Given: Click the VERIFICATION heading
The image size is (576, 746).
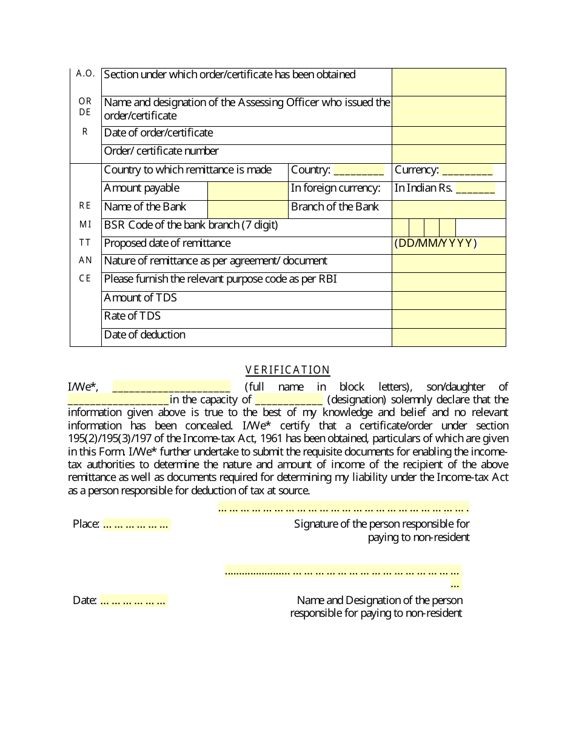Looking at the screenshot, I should (x=287, y=370).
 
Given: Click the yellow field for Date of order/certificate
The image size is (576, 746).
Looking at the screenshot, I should (x=449, y=135).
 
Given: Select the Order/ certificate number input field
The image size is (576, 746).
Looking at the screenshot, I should (x=449, y=153).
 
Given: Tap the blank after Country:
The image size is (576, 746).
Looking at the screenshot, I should (x=358, y=171).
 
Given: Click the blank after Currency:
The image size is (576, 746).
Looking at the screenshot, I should (x=467, y=171).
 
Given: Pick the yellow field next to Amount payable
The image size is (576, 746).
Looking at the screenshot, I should (x=247, y=190).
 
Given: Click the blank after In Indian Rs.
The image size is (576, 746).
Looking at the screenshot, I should (x=475, y=189).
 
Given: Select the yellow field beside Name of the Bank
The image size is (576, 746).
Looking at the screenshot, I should (x=247, y=209).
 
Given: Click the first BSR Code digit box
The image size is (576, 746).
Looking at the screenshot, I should (x=401, y=227).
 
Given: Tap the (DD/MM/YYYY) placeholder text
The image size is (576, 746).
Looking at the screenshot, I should (x=435, y=244).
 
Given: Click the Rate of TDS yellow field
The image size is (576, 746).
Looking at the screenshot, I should (x=449, y=318).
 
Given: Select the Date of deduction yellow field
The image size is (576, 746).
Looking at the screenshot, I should (x=449, y=337).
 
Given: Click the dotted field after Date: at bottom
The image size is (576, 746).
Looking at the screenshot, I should (x=133, y=601).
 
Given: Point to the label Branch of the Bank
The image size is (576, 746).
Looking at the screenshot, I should (x=335, y=207).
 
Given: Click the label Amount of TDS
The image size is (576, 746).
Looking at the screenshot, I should (x=141, y=298).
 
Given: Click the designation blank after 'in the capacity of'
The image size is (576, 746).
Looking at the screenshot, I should (x=289, y=400).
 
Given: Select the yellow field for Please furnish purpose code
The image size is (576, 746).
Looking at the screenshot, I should (x=449, y=281).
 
